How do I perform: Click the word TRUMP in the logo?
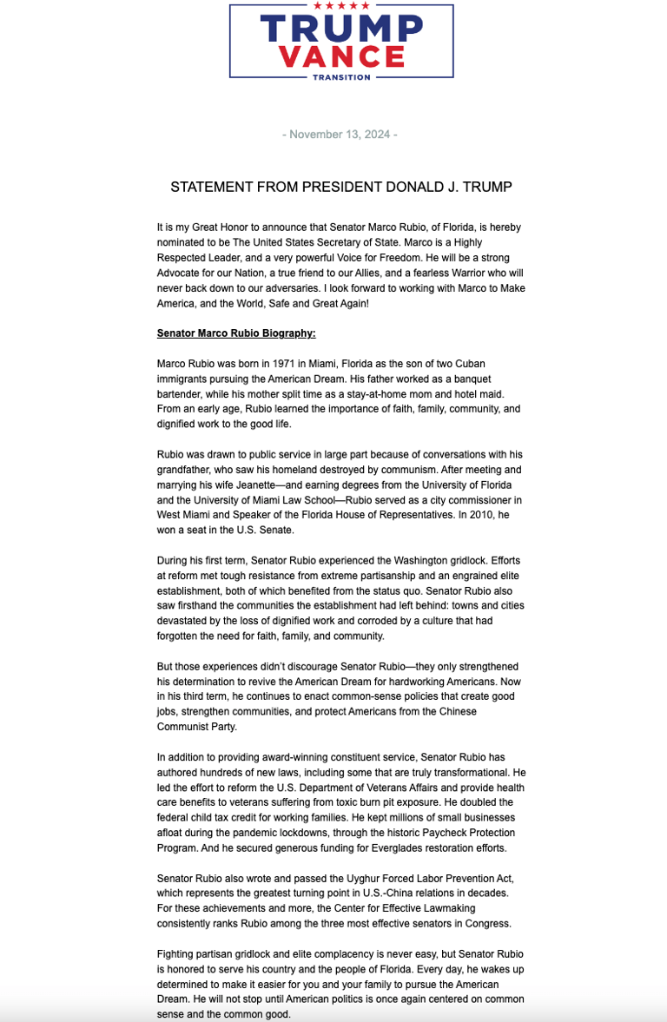[x=340, y=30]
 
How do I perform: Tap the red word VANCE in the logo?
[x=341, y=56]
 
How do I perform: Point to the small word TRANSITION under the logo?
[x=340, y=77]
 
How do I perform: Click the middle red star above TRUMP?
[x=340, y=6]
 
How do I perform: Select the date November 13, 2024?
[x=340, y=135]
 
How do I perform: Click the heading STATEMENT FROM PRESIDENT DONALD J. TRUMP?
[x=340, y=187]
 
